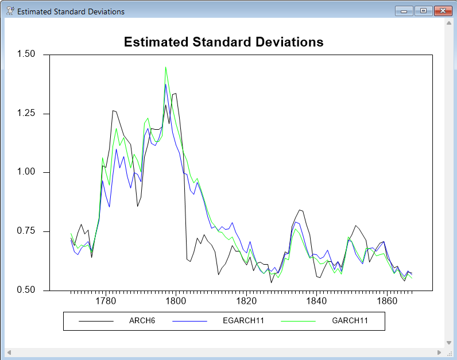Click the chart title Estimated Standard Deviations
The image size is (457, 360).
point(224,42)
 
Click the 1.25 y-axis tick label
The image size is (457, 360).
point(26,114)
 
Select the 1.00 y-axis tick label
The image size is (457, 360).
point(26,172)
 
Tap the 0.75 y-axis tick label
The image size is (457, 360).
point(26,231)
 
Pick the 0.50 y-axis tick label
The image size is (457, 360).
point(26,290)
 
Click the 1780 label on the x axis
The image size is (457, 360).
point(105,301)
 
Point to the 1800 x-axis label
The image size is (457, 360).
point(176,301)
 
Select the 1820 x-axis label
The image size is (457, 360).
point(246,301)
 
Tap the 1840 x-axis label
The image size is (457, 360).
point(316,301)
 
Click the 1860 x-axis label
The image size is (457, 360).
point(387,301)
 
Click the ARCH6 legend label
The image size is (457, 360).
point(142,320)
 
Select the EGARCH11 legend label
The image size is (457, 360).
point(243,320)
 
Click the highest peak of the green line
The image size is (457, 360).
point(166,67)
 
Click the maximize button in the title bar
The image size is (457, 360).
point(423,11)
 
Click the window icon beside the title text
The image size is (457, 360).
point(10,11)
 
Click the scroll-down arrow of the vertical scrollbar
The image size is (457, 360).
point(449,342)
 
